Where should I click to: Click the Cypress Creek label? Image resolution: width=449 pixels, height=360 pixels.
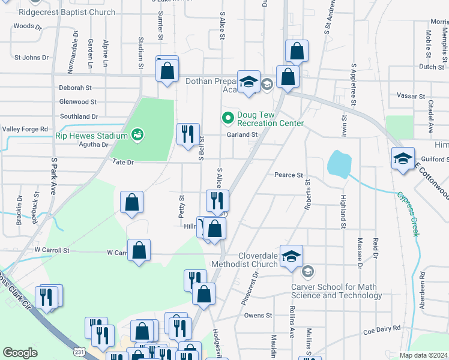pos(408,213)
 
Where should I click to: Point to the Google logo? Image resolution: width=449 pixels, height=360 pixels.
pos(20,353)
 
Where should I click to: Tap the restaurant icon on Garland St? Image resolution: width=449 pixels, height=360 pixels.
pos(188,134)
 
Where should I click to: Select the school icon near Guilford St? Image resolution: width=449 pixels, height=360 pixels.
pos(403,158)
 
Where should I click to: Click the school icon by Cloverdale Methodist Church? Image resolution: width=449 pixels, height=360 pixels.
pos(291,256)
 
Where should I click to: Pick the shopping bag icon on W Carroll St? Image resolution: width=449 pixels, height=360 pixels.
pos(139,251)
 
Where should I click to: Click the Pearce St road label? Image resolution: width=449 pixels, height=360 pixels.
pos(288,175)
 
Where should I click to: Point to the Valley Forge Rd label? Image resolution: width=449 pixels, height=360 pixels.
pos(25,129)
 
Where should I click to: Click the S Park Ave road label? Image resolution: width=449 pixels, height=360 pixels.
pos(53,176)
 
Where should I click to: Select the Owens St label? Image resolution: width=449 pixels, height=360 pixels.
pos(258,315)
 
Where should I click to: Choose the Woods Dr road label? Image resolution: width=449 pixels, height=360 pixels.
pos(28,26)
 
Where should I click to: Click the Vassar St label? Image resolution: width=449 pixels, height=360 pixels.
pos(411,96)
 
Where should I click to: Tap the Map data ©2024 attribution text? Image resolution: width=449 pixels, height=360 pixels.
pos(423,355)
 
